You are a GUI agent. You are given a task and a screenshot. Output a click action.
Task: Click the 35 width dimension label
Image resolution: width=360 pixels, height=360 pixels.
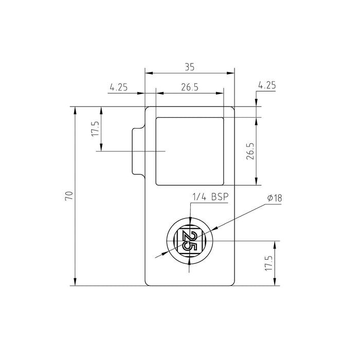point(190,67)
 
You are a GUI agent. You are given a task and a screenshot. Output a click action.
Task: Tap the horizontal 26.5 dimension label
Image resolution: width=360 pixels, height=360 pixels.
point(190,87)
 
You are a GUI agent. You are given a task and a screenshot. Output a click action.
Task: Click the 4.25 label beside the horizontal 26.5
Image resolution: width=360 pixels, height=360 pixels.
point(118,87)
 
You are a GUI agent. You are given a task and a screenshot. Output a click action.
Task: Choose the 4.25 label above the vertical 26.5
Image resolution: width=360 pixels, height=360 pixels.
point(267,85)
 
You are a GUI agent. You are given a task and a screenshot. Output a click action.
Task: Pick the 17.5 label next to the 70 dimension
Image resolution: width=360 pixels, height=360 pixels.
point(95,129)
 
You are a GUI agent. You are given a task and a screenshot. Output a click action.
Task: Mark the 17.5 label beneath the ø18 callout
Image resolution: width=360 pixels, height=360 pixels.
point(267,263)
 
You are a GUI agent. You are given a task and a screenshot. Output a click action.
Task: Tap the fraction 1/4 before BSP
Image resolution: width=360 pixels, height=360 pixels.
point(200,197)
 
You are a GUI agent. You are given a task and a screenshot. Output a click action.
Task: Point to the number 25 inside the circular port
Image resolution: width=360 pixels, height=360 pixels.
point(189,241)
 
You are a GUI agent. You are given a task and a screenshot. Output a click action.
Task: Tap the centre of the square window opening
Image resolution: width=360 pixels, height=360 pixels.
point(190,151)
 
